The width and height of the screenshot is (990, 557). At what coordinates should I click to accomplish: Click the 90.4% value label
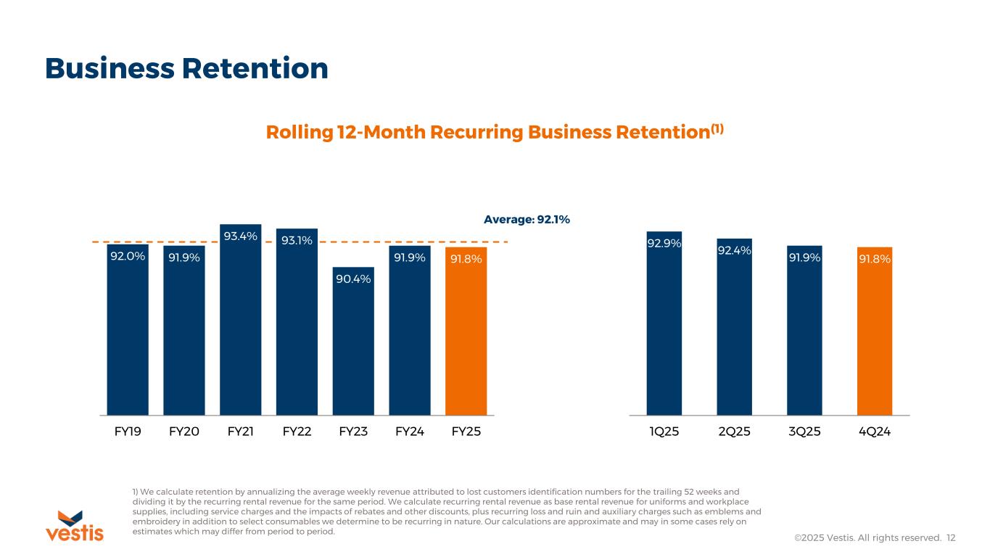pos(353,278)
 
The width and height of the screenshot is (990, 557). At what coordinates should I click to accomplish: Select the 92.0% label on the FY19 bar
pos(128,256)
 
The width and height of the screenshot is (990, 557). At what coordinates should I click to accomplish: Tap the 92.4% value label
pos(734,250)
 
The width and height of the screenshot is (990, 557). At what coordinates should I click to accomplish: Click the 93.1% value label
pos(297,240)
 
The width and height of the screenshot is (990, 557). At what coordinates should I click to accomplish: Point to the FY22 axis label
pos(297,432)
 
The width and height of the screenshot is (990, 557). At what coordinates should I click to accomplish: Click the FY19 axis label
pos(128,432)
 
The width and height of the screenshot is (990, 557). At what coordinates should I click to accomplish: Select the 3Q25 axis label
pos(804,432)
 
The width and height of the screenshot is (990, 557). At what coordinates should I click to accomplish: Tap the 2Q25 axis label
pos(734,432)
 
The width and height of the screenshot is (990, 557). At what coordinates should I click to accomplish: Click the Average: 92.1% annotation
pos(527,218)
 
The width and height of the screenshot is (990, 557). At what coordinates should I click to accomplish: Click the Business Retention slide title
pos(186,68)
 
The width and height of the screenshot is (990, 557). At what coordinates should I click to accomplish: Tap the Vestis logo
pos(75,526)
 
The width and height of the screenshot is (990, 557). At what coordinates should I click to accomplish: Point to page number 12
pos(951,537)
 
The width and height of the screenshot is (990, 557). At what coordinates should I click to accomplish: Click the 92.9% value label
pos(664,243)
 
